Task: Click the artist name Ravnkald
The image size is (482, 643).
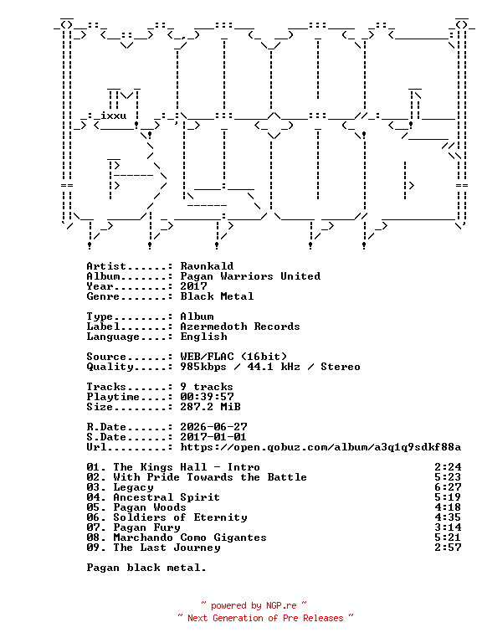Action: [207, 266]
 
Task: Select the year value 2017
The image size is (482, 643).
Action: [193, 286]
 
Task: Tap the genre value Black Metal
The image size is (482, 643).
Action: [217, 296]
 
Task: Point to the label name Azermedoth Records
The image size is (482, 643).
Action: [240, 327]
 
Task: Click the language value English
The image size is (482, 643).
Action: [203, 337]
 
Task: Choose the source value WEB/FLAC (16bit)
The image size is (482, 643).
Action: [233, 357]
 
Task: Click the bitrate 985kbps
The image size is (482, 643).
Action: [203, 367]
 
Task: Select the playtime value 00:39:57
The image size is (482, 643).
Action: [207, 397]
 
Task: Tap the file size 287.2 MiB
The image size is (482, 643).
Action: [210, 407]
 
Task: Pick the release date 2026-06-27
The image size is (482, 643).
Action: [213, 427]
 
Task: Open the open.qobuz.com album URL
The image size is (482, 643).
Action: [320, 447]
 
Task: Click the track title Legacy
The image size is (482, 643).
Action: [133, 487]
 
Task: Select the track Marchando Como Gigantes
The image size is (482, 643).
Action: [190, 538]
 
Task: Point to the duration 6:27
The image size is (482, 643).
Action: [448, 487]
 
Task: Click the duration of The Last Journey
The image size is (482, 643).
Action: [448, 548]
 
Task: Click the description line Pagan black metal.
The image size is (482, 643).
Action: [146, 568]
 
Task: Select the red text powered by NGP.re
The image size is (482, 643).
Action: [254, 605]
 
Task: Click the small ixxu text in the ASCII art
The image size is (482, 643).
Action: [114, 116]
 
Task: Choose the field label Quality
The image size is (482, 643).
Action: [110, 367]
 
